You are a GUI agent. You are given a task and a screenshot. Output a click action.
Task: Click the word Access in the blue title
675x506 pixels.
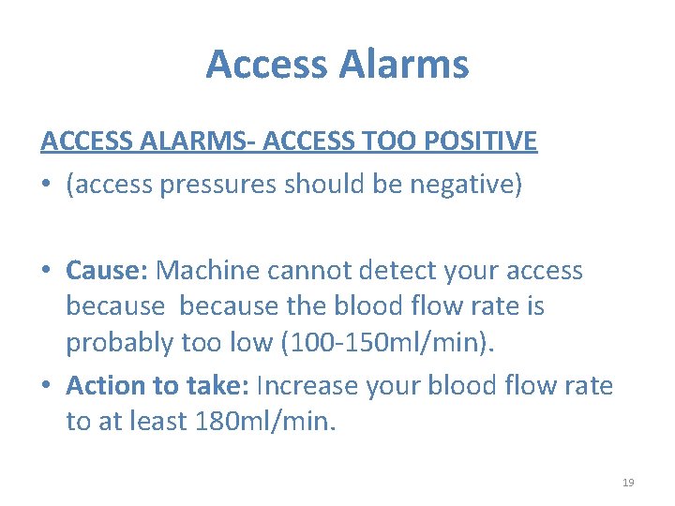point(265,65)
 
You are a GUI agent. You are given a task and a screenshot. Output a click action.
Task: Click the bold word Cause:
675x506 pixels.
point(106,271)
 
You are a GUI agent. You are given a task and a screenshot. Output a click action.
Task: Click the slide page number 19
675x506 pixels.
point(628,482)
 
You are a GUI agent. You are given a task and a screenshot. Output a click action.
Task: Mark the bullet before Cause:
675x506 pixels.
point(48,272)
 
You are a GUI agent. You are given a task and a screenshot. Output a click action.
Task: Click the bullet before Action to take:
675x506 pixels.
point(48,386)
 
